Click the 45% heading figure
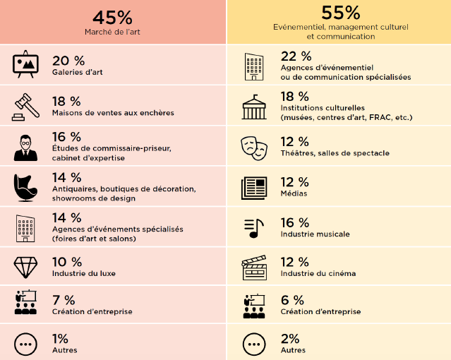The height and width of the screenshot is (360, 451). [x=112, y=17]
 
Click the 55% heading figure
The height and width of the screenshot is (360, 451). [x=340, y=12]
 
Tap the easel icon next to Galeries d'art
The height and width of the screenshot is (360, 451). [x=26, y=64]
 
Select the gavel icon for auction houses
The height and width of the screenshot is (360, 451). [x=25, y=106]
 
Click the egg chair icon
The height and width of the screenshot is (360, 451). [x=25, y=187]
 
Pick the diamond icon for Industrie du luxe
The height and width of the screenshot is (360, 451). [x=25, y=268]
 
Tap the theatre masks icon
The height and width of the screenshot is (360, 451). [x=254, y=146]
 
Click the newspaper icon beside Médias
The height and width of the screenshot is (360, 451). [x=254, y=187]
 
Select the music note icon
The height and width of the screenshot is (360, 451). [x=254, y=227]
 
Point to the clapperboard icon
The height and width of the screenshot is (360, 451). [x=254, y=267]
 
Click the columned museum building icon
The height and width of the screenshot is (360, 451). [x=254, y=107]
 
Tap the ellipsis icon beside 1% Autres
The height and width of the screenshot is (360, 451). [x=25, y=344]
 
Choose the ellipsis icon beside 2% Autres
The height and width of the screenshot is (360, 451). [x=254, y=344]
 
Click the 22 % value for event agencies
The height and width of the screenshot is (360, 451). [x=296, y=56]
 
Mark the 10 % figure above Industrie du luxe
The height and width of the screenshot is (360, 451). [x=68, y=262]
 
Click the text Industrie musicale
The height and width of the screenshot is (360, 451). [x=315, y=234]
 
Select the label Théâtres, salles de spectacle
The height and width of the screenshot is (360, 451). [x=335, y=153]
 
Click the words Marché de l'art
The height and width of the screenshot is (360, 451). [x=112, y=32]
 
